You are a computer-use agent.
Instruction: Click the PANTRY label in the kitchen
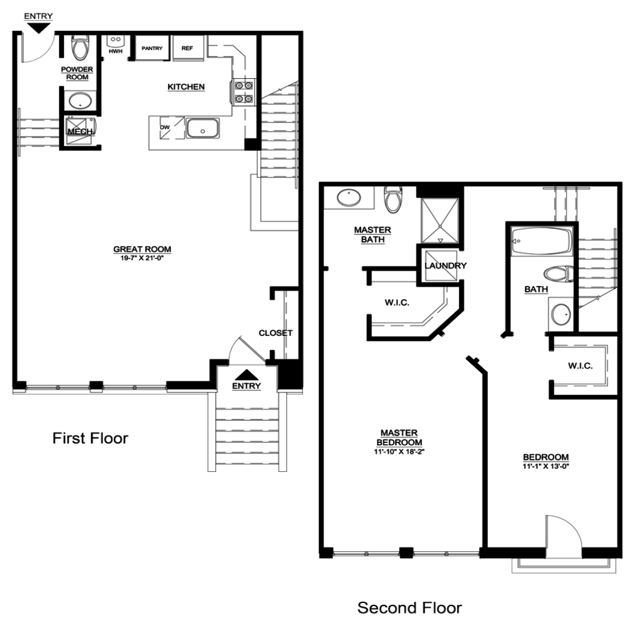point(152,48)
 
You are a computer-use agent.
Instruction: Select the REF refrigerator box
point(188,48)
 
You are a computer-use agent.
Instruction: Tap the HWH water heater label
point(115,52)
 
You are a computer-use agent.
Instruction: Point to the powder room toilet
point(81,47)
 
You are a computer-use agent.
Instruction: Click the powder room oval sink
point(81,100)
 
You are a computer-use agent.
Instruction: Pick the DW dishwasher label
point(165,127)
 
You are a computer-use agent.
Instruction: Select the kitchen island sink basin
point(202,128)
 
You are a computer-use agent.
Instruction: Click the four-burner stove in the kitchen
point(244,92)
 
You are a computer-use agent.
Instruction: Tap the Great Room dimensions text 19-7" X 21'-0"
point(142,258)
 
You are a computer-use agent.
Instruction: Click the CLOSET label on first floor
point(276,333)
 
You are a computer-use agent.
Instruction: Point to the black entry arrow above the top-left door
point(39,28)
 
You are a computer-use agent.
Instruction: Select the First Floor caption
point(90,438)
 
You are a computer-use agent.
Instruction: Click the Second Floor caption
point(410,608)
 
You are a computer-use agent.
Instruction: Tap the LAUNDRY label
point(445,266)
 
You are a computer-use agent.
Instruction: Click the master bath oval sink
point(349,197)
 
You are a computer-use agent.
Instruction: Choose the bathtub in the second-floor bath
point(541,241)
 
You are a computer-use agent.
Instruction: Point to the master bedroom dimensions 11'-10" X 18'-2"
point(399,452)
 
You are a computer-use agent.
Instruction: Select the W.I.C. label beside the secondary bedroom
point(580,365)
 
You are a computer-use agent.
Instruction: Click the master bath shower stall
point(440,221)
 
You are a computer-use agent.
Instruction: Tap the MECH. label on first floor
point(81,132)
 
